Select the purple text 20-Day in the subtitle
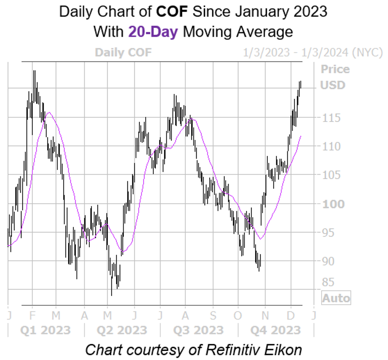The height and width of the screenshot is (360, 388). (153, 31)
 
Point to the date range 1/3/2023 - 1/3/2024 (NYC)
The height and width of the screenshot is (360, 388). (312, 53)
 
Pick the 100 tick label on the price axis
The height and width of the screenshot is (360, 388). (333, 204)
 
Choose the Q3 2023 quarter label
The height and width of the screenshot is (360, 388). (198, 330)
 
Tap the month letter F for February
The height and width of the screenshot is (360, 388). (33, 315)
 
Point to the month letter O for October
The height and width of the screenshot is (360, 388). (239, 315)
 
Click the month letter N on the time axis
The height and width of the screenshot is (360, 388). (265, 315)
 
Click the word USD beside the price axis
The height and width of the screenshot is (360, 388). (333, 85)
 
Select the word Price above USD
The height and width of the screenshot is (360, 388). (335, 69)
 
